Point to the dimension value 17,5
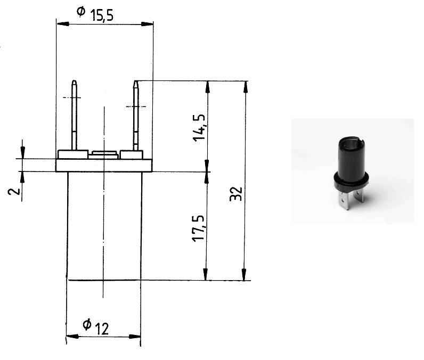pyautogui.click(x=200, y=228)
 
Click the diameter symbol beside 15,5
pyautogui.click(x=80, y=11)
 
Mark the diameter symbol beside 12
pyautogui.click(x=87, y=324)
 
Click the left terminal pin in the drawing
pyautogui.click(x=75, y=114)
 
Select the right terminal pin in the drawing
pyautogui.click(x=136, y=114)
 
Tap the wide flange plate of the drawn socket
pyautogui.click(x=104, y=165)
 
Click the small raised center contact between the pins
pyautogui.click(x=104, y=155)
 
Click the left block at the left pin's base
pyautogui.click(x=72, y=154)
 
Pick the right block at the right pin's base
pyautogui.click(x=132, y=154)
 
